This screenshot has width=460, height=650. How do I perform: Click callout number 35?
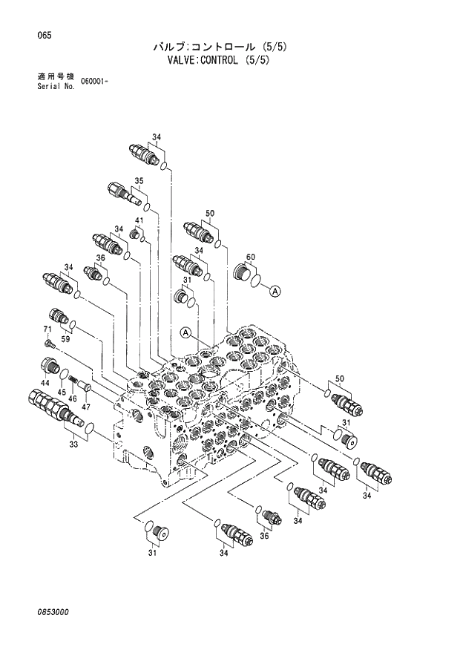click(x=139, y=180)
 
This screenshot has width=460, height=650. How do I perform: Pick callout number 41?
click(x=139, y=221)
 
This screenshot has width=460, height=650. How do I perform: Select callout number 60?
click(x=251, y=257)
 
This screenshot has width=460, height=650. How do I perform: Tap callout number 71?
click(x=47, y=329)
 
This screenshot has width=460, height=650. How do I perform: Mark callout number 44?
click(x=45, y=381)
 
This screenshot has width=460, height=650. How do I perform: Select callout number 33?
click(x=73, y=444)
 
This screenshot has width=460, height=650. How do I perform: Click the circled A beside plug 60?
click(x=275, y=292)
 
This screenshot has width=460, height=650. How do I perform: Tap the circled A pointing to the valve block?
click(x=185, y=332)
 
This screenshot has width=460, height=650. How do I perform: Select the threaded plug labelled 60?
click(x=244, y=272)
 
